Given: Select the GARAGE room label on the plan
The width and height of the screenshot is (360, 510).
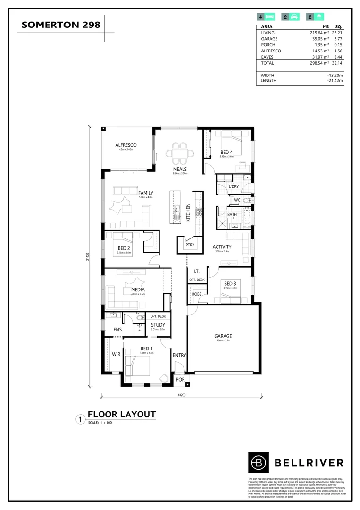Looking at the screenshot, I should [x=224, y=337].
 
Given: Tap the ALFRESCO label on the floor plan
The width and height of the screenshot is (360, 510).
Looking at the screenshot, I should [x=126, y=145].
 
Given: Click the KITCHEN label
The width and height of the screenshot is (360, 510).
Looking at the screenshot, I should [x=188, y=213].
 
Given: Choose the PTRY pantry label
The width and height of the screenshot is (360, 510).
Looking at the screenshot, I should [x=190, y=245].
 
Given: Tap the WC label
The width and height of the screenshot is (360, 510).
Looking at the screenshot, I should [x=237, y=200].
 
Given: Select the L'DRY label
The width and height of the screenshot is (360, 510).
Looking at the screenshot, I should [x=234, y=187].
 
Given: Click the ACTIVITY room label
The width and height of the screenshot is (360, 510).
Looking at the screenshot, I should [x=222, y=247].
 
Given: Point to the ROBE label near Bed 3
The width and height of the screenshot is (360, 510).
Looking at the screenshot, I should [x=196, y=294].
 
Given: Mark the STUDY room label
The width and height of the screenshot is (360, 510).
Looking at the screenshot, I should [x=158, y=325].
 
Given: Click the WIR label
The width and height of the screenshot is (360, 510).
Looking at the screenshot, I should [x=115, y=354].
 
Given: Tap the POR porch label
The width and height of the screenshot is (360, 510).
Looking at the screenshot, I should [x=180, y=379].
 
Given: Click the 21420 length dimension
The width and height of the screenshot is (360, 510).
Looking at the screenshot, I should [x=88, y=257].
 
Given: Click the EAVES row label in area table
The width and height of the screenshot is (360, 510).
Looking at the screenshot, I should [x=268, y=57].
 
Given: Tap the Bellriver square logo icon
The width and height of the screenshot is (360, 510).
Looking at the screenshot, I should [x=258, y=462].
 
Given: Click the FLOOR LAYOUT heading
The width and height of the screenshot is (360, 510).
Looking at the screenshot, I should [x=122, y=415].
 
